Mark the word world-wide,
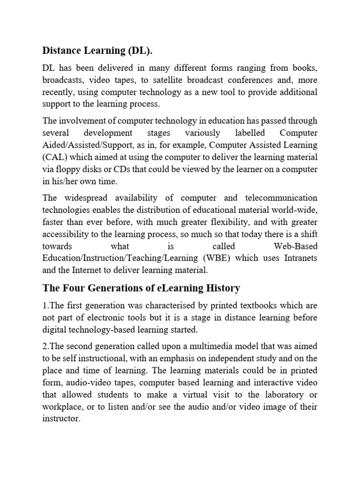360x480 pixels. point(294,209)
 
